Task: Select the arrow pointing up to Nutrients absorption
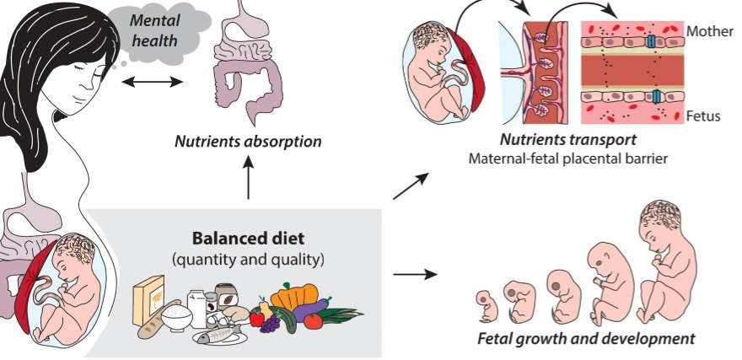pyautogui.click(x=249, y=180)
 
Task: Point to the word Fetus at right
pyautogui.click(x=703, y=116)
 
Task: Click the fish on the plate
pyautogui.click(x=221, y=336)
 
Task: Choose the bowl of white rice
pyautogui.click(x=180, y=316)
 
